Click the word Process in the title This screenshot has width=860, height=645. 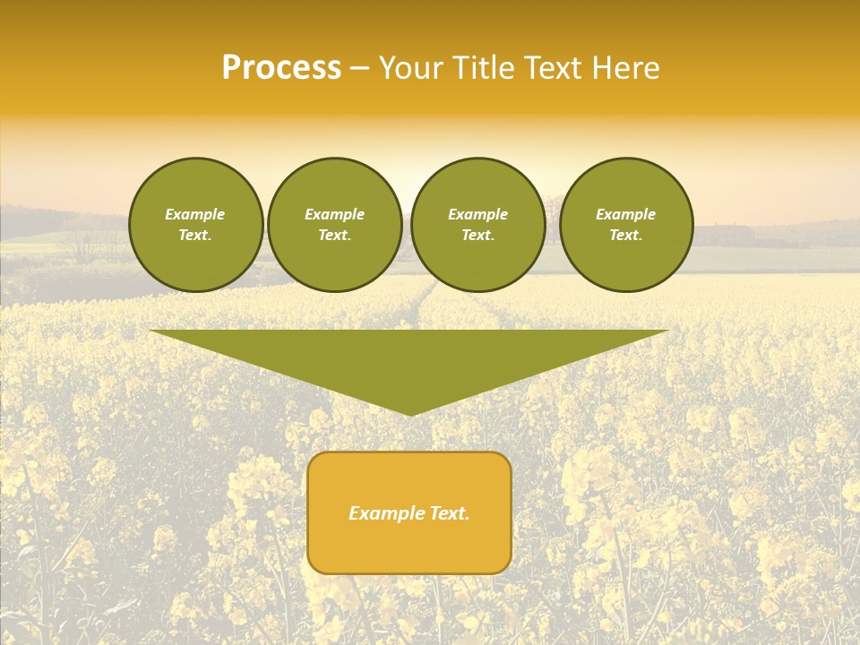coord(281,68)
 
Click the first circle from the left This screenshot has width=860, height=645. coord(196,225)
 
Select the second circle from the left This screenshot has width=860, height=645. coord(335,225)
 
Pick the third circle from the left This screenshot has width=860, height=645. coord(477,225)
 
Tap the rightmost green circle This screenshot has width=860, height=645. coord(626,225)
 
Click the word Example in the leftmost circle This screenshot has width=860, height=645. coord(195,214)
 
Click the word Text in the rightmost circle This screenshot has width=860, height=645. coord(624,236)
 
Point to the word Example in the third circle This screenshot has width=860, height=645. coord(477,214)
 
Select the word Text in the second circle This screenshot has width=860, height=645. coord(333,236)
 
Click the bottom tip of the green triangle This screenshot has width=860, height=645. coord(410,413)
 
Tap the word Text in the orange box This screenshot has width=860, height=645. coord(449,513)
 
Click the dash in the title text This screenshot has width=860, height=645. coord(359,69)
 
